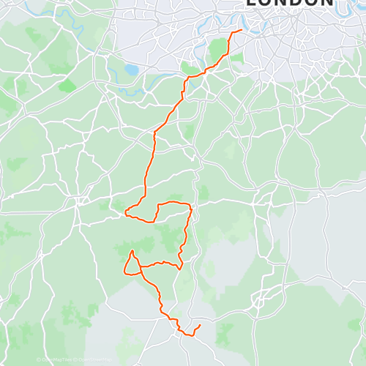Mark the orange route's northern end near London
pyautogui.click(x=242, y=31)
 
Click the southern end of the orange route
pyautogui.click(x=200, y=324)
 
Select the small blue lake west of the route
pyautogui.click(x=131, y=70)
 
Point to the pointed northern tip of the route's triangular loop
pyautogui.click(x=132, y=251)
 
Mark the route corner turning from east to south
pyautogui.click(x=190, y=206)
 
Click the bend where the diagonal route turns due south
pyautogui.click(x=154, y=134)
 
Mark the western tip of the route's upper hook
pyautogui.click(x=126, y=213)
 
